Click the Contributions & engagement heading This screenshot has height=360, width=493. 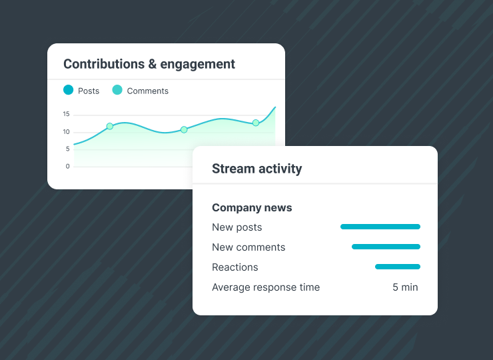pyautogui.click(x=149, y=64)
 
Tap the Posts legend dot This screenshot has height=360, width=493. pyautogui.click(x=69, y=90)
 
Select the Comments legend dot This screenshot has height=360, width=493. pyautogui.click(x=117, y=90)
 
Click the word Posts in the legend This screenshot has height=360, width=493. pyautogui.click(x=89, y=91)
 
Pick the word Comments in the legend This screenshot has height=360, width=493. pyautogui.click(x=147, y=91)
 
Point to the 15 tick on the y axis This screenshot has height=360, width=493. pyautogui.click(x=67, y=114)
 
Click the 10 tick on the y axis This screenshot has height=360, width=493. pyautogui.click(x=67, y=131)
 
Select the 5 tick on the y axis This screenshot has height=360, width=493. pyautogui.click(x=68, y=149)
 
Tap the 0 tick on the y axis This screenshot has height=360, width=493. pyautogui.click(x=68, y=166)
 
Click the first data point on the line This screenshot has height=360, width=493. pyautogui.click(x=110, y=126)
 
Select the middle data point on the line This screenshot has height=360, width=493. pyautogui.click(x=184, y=129)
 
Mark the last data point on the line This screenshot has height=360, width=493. pyautogui.click(x=255, y=123)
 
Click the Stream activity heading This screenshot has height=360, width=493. pyautogui.click(x=256, y=169)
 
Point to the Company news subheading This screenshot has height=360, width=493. pyautogui.click(x=252, y=207)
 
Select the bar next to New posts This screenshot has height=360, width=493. pyautogui.click(x=380, y=227)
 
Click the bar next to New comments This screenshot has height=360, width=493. pyautogui.click(x=386, y=247)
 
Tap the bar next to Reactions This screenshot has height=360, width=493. pyautogui.click(x=398, y=267)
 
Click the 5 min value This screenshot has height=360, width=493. pyautogui.click(x=405, y=287)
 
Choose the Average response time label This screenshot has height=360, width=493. pyautogui.click(x=266, y=287)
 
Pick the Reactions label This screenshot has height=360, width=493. pyautogui.click(x=235, y=267)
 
